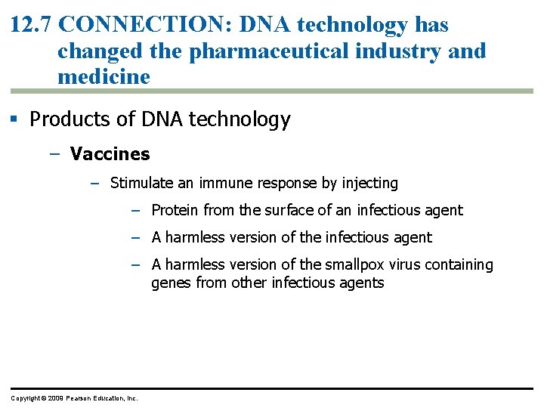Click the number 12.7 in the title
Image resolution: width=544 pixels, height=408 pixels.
pyautogui.click(x=31, y=25)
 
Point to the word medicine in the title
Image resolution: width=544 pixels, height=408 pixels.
pyautogui.click(x=104, y=76)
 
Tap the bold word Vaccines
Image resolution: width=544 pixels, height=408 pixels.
pyautogui.click(x=110, y=154)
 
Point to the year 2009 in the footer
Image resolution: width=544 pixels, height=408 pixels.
pyautogui.click(x=55, y=398)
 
